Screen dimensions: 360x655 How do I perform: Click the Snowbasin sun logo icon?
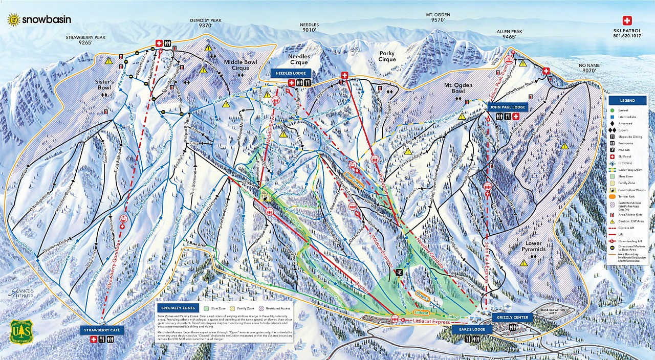pyautogui.click(x=13, y=19)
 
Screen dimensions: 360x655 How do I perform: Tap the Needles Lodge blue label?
pyautogui.click(x=291, y=73)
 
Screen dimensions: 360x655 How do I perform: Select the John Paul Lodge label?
pyautogui.click(x=508, y=107)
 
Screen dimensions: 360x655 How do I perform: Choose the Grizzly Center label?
pyautogui.click(x=512, y=318)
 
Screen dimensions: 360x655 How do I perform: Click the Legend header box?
pyautogui.click(x=627, y=100)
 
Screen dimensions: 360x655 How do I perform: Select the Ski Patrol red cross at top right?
pyautogui.click(x=627, y=21)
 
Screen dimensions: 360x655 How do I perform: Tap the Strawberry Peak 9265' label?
pyautogui.click(x=78, y=40)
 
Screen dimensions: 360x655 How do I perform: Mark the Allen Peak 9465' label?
pyautogui.click(x=509, y=34)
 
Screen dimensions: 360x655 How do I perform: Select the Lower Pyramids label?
pyautogui.click(x=533, y=246)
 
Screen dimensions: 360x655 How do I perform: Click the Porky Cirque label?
pyautogui.click(x=387, y=56)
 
